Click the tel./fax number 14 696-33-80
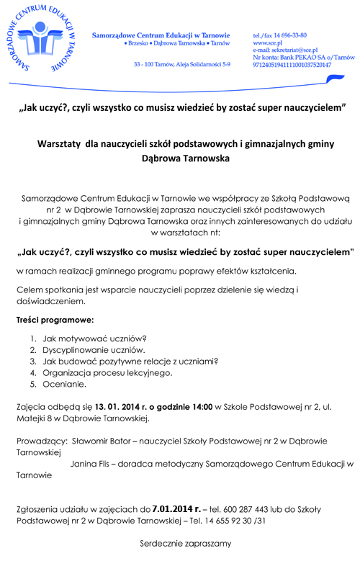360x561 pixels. (x=287, y=35)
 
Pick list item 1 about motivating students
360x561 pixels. (x=94, y=338)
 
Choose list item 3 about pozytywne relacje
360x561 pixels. (x=130, y=362)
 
